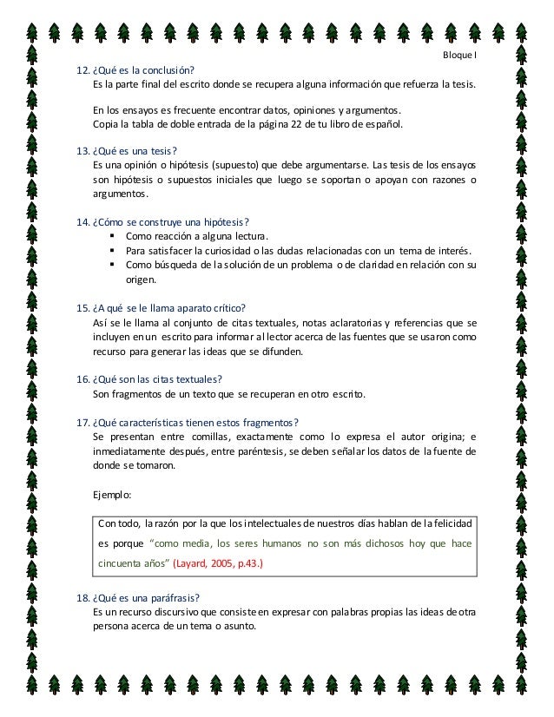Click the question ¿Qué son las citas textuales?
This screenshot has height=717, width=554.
(157, 379)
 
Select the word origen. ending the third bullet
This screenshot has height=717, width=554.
(141, 280)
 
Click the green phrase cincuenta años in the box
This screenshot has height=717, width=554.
(134, 563)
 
